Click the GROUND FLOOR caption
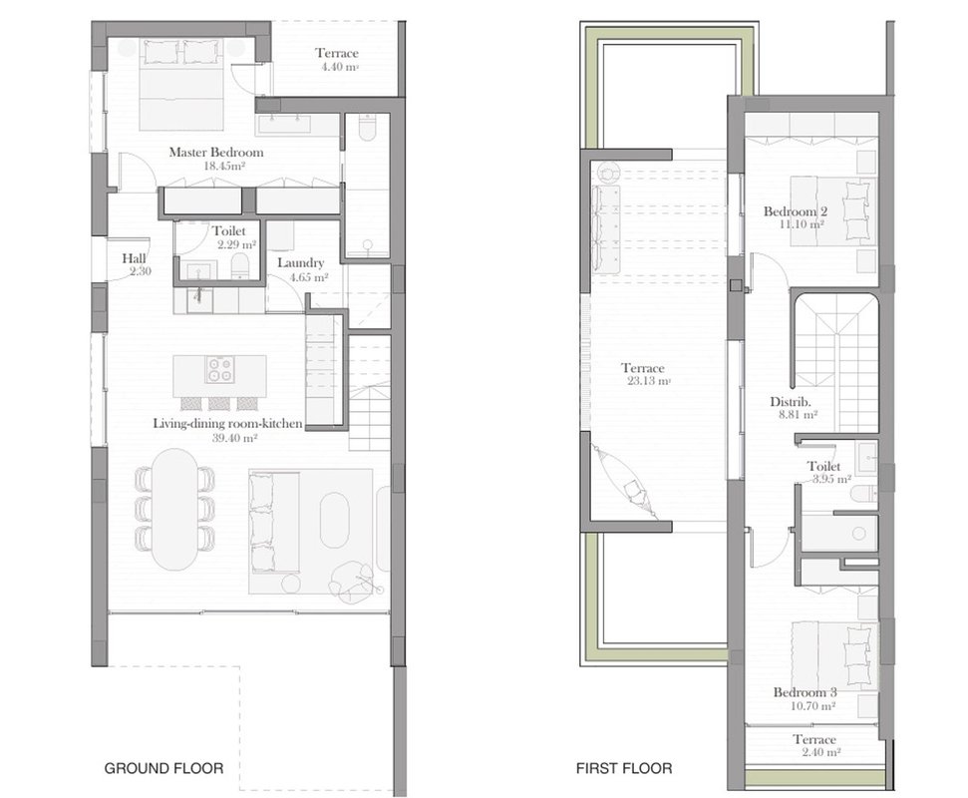click(163, 768)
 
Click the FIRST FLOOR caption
click(624, 768)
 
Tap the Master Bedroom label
click(216, 152)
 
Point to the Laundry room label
click(301, 263)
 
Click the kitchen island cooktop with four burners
click(219, 369)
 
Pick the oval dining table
click(175, 510)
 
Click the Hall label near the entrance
click(134, 258)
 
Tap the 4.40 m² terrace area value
click(340, 67)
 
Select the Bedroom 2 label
click(796, 211)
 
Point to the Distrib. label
click(791, 401)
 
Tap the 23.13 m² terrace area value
click(649, 381)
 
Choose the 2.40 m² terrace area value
click(821, 752)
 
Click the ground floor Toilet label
click(229, 231)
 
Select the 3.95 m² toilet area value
click(831, 479)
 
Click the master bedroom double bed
click(180, 85)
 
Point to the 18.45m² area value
click(224, 166)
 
